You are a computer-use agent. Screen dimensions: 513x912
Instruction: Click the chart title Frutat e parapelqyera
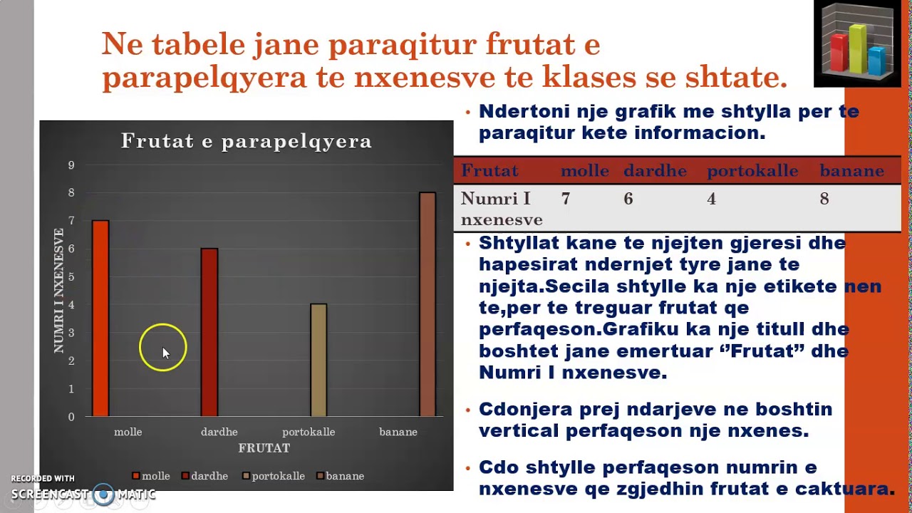pyautogui.click(x=247, y=141)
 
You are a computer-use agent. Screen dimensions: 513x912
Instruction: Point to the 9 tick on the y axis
pyautogui.click(x=71, y=165)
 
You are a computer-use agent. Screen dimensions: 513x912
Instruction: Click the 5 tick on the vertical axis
pyautogui.click(x=71, y=277)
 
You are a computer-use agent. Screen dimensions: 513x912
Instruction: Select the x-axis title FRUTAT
pyautogui.click(x=264, y=448)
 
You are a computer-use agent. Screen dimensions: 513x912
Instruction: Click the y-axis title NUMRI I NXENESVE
pyautogui.click(x=58, y=291)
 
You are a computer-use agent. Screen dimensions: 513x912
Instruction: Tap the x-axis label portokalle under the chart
pyautogui.click(x=309, y=432)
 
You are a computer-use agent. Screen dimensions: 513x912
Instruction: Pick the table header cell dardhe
pyautogui.click(x=655, y=171)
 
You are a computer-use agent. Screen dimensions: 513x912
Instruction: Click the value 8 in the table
pyautogui.click(x=824, y=199)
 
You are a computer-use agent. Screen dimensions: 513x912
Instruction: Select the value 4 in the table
pyautogui.click(x=711, y=199)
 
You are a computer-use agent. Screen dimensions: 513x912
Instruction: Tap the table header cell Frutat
pyautogui.click(x=489, y=171)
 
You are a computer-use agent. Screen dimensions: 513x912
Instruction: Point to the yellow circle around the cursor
pyautogui.click(x=163, y=348)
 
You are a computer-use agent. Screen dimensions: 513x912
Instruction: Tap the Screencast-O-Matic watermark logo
pyautogui.click(x=104, y=494)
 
